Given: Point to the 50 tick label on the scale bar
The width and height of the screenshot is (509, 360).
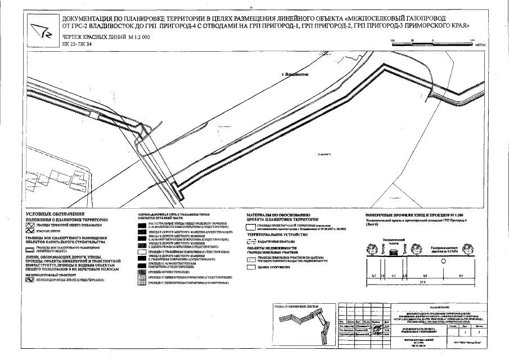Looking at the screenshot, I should point(414,41).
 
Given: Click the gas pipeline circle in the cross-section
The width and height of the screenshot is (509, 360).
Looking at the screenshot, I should point(444,262).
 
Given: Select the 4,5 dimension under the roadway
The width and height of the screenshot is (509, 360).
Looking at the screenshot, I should point(394,275).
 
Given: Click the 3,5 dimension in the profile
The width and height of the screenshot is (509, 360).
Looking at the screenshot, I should point(373,275).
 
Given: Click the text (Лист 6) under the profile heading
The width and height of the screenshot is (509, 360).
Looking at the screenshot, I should point(367,225).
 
